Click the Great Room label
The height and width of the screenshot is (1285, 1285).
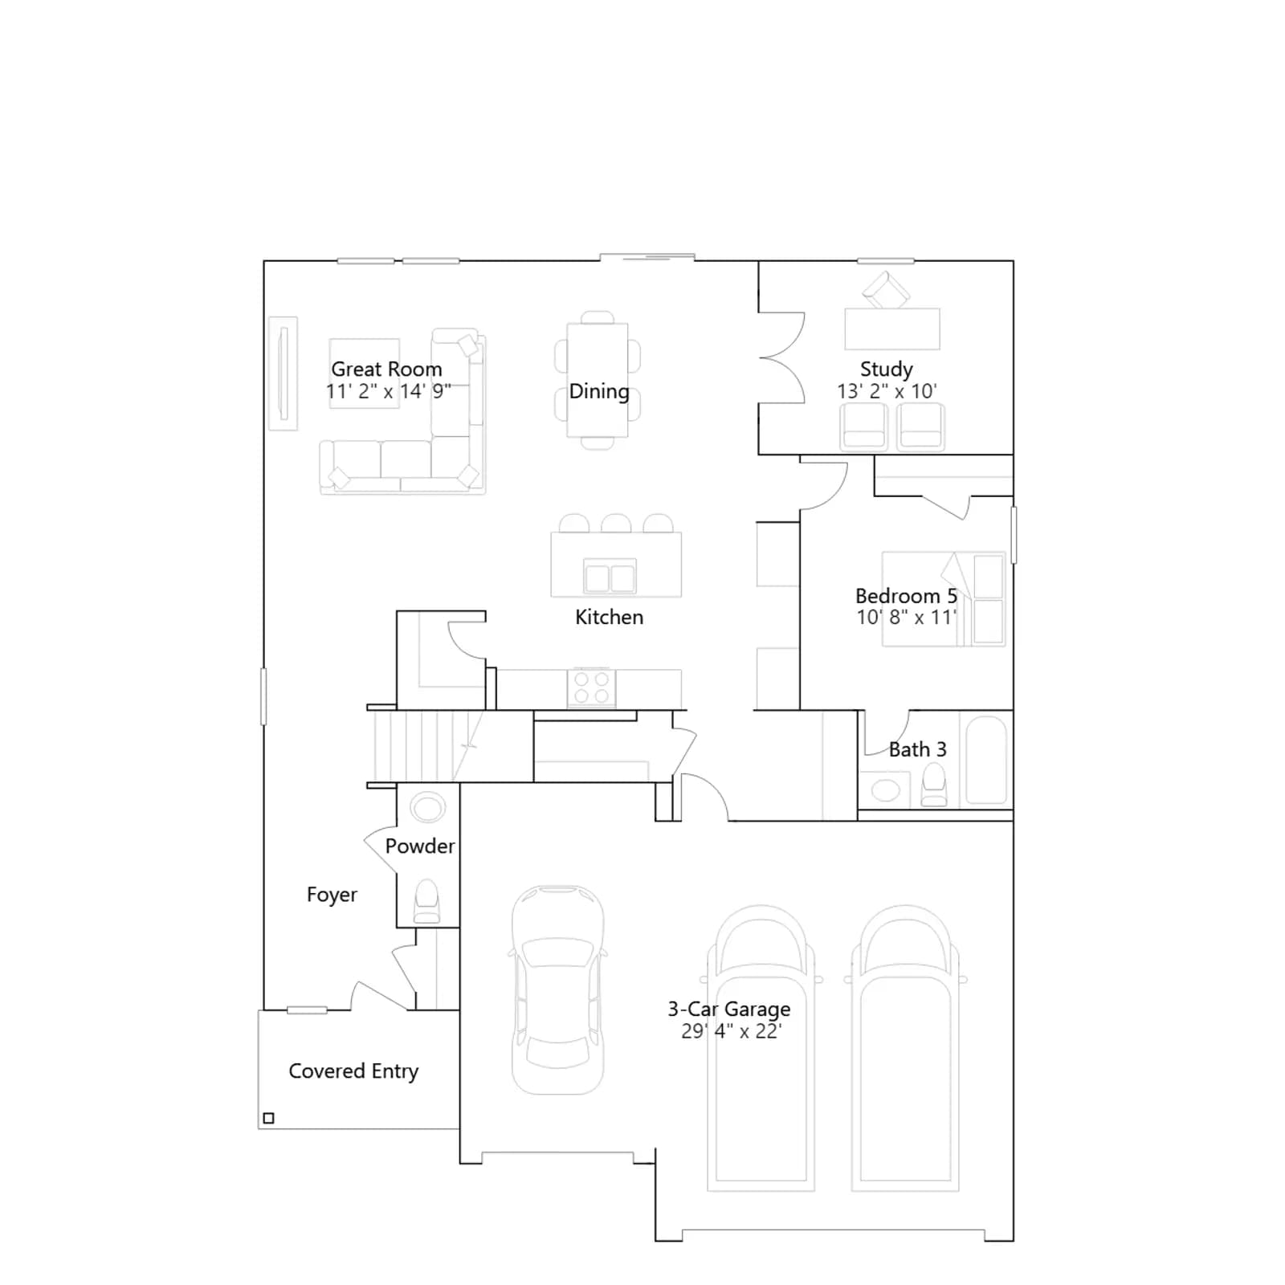386,369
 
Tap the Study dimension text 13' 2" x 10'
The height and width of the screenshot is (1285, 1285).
887,391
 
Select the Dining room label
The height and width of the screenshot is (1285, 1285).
599,392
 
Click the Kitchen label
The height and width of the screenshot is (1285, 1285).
609,617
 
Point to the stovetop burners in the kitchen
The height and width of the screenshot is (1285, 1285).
591,688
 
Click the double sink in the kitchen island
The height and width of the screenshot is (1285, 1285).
610,577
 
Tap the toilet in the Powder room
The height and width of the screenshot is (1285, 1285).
426,901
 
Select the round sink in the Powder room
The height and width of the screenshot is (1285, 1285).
427,807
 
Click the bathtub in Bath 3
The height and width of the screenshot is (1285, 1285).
986,760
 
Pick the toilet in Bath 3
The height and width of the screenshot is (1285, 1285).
933,785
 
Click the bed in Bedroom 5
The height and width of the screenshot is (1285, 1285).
944,599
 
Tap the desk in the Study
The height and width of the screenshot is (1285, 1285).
892,328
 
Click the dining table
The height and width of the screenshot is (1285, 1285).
598,380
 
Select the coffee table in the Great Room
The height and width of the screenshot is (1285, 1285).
365,373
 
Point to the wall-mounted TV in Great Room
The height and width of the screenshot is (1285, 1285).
283,373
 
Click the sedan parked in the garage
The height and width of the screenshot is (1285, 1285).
557,990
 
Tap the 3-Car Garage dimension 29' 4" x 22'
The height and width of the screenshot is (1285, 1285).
731,1031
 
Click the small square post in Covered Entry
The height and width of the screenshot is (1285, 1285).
269,1118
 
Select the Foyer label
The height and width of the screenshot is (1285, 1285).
332,895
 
